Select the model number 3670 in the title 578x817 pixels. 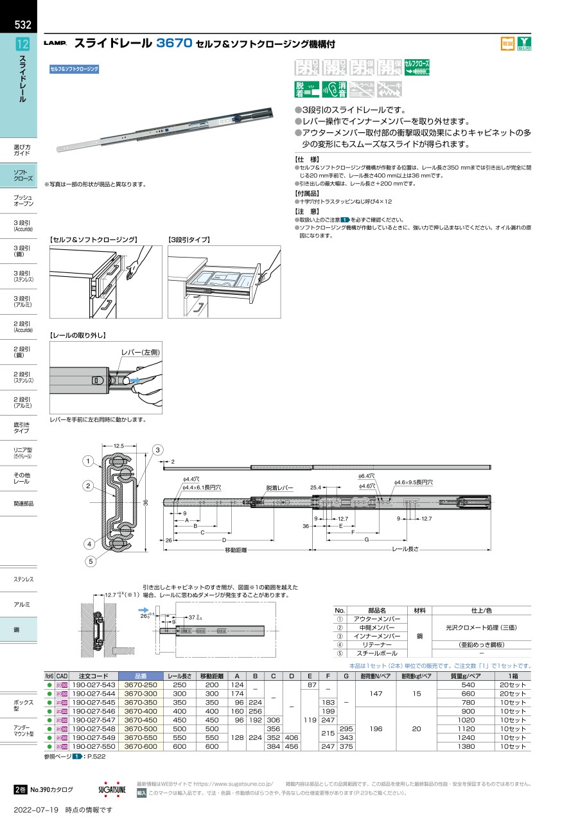click(175, 44)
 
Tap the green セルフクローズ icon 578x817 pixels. click(417, 67)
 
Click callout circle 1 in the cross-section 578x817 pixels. click(87, 461)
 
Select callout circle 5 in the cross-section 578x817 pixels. click(91, 561)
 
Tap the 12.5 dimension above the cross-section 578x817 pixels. click(118, 446)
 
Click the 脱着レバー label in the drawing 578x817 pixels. click(279, 488)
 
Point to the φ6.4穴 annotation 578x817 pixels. click(366, 475)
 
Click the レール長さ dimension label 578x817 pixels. click(405, 550)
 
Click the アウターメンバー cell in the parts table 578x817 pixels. click(377, 619)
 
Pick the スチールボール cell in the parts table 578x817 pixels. click(377, 653)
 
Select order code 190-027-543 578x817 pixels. click(94, 685)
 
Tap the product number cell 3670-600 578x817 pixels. click(141, 747)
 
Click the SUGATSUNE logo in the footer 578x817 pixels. click(112, 789)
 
